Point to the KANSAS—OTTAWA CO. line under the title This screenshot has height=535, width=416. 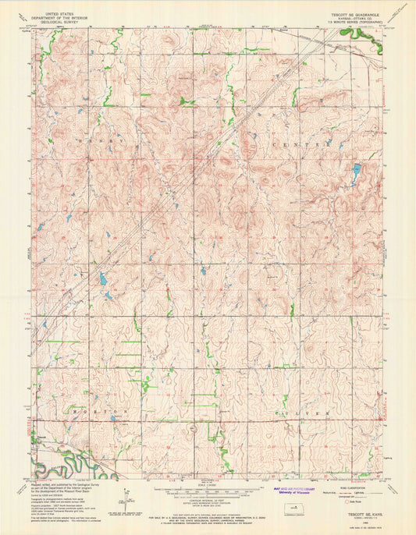(352, 19)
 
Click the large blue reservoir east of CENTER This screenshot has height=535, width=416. (356, 168)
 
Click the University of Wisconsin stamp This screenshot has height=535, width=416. (297, 489)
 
